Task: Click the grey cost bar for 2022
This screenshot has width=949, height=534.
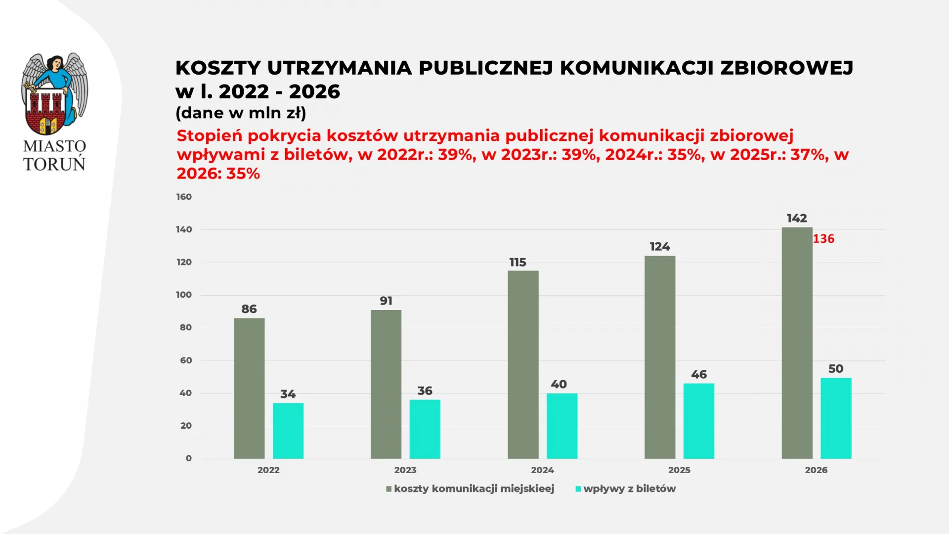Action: (x=249, y=388)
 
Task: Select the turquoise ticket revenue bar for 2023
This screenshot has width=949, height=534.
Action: (x=425, y=429)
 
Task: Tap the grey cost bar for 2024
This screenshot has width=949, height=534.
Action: (x=523, y=364)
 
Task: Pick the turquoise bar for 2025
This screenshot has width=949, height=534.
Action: (x=698, y=421)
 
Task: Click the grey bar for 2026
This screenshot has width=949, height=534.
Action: (x=797, y=343)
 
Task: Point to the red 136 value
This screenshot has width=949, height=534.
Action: (x=823, y=239)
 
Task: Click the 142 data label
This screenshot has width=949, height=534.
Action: (x=797, y=218)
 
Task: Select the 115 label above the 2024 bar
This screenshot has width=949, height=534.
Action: (x=518, y=262)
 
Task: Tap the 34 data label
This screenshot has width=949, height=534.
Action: (x=288, y=394)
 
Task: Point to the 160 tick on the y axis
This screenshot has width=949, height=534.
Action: (x=184, y=197)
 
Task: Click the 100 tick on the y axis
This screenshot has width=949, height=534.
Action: (x=184, y=295)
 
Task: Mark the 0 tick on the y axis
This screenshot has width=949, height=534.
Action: (x=188, y=458)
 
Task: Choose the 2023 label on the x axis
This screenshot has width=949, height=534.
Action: (x=405, y=470)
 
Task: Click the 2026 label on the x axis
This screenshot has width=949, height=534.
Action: (x=816, y=470)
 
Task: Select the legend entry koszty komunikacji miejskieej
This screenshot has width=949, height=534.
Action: (x=474, y=489)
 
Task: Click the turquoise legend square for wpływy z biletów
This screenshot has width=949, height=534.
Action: (x=578, y=489)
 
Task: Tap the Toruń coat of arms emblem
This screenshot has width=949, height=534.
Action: (x=54, y=94)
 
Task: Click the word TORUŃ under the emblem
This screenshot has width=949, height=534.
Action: (x=54, y=164)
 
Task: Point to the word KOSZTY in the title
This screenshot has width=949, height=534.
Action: (x=218, y=68)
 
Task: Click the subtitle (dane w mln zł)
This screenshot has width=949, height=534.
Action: (x=241, y=113)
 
